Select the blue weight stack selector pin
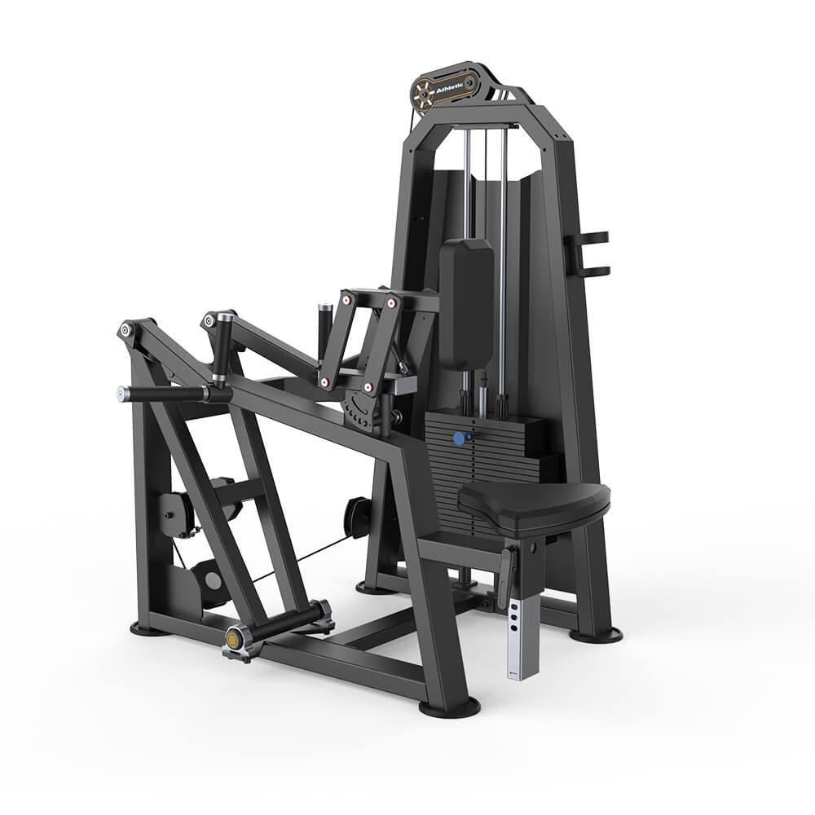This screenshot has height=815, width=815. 459,438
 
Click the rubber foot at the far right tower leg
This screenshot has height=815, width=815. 595,635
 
